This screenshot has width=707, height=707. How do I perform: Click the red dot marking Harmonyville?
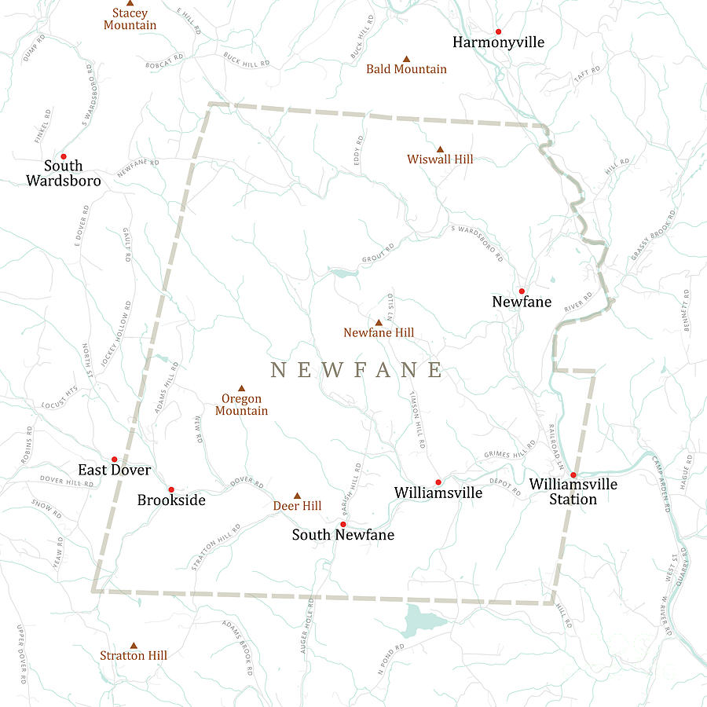pos(498,31)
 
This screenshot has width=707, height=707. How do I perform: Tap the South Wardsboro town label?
pos(64,173)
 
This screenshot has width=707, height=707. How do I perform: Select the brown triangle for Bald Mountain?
pos(407,59)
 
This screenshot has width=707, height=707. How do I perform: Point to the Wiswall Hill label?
pos(440,159)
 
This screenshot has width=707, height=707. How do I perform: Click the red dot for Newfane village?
pos(521,291)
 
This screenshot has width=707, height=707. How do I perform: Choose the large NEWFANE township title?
pos(357,371)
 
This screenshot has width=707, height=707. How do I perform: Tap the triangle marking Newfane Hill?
pos(379,322)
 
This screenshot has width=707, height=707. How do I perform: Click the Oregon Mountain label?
pos(241,405)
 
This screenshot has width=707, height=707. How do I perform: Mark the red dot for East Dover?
pos(114,460)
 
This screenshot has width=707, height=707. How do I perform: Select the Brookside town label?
pos(171,500)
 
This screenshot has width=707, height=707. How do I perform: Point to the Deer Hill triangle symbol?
pos(297,496)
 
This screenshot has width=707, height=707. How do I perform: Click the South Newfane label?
pos(343,535)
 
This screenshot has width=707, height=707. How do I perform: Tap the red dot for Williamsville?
pos(438,482)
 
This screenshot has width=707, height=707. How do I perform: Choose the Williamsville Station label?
pos(573,492)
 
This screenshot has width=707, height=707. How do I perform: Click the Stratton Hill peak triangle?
pos(134,644)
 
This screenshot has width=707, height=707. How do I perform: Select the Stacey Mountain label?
pos(130,19)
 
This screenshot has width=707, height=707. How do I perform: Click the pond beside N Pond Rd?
pos(420,621)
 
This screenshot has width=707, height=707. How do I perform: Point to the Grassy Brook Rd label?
pos(652,236)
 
